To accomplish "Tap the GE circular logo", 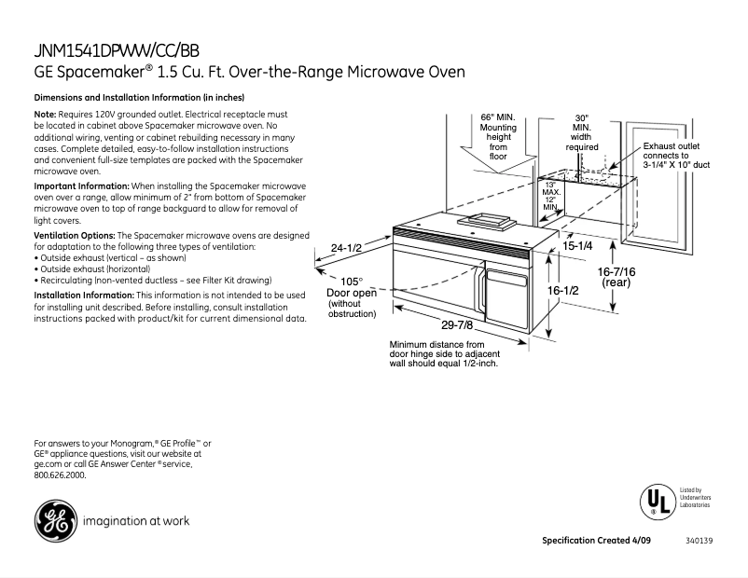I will (54, 521).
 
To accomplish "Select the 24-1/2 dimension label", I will (346, 248).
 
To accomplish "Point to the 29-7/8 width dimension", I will (457, 324).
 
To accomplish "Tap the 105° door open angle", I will (351, 282).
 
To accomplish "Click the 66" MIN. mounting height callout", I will (498, 136).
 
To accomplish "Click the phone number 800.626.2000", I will (60, 475).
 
